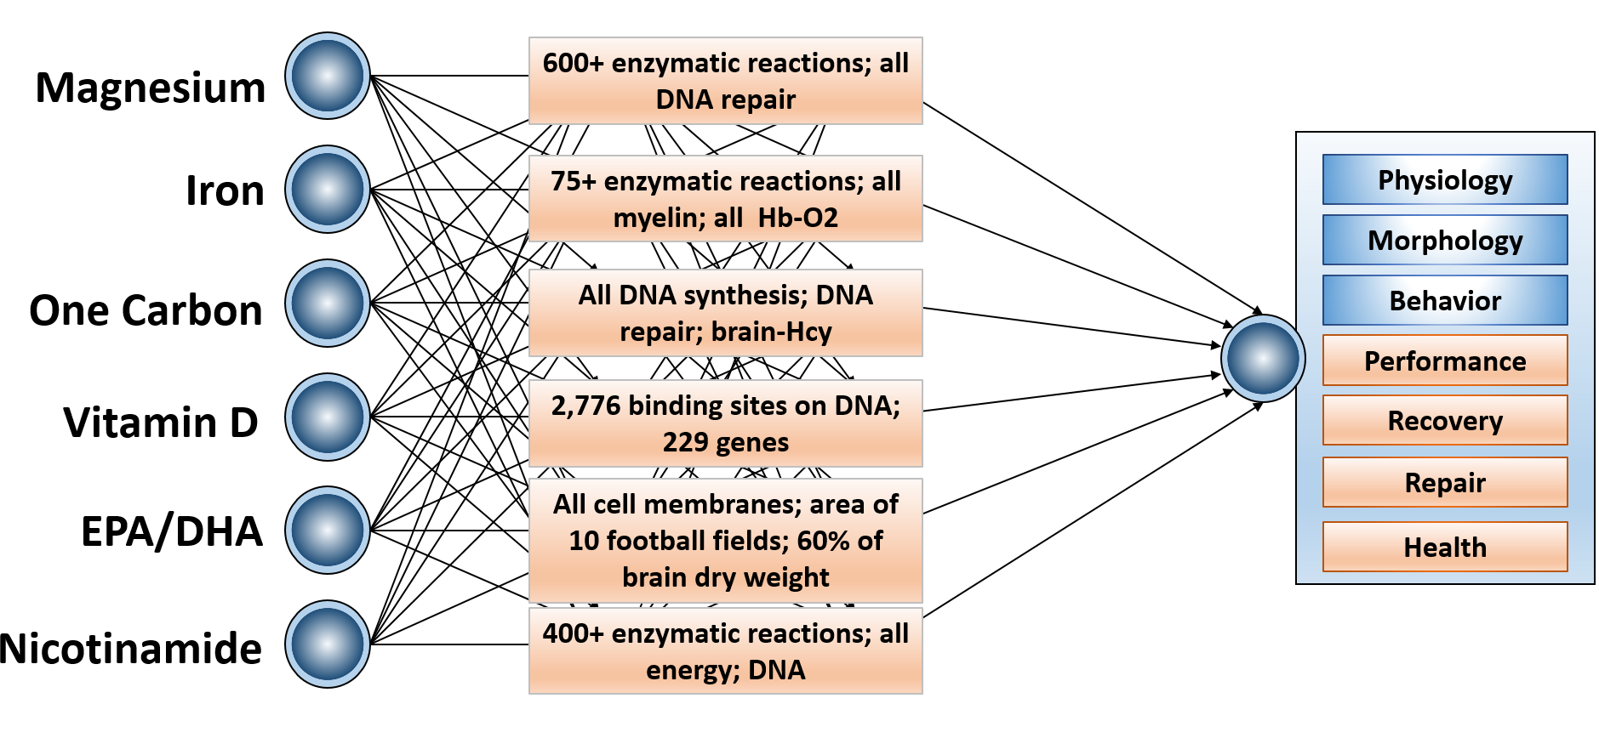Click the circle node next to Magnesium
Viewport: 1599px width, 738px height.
point(328,76)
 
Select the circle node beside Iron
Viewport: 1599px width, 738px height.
point(328,189)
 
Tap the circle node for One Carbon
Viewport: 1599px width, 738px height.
point(328,303)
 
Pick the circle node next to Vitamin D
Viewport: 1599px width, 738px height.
point(328,417)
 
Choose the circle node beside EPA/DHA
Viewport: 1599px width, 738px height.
point(328,530)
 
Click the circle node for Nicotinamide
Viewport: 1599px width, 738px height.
point(328,644)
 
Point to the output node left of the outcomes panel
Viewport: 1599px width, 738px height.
point(1263,358)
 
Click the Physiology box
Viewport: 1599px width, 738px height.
point(1444,179)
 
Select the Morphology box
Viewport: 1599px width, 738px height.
point(1444,240)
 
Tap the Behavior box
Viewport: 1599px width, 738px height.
point(1444,300)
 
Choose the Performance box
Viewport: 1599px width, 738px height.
point(1444,360)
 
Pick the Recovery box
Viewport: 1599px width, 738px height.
point(1444,420)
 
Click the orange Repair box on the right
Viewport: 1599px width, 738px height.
point(1444,482)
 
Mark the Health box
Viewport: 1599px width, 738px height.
point(1444,547)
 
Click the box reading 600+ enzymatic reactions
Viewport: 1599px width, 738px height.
point(725,81)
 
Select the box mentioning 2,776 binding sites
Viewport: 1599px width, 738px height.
point(725,423)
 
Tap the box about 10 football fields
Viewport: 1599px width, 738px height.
point(725,540)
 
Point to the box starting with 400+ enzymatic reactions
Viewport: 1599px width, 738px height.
point(725,650)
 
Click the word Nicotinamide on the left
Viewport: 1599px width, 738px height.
point(130,648)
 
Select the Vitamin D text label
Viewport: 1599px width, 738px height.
point(161,422)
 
